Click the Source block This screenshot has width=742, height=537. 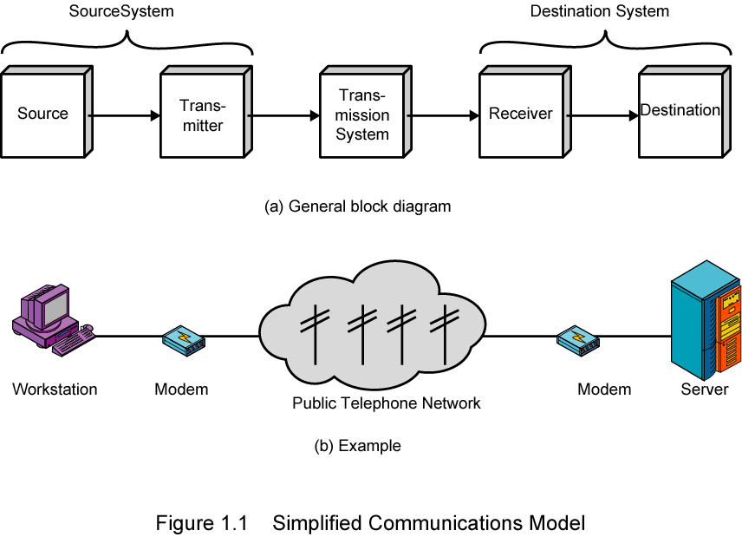point(42,114)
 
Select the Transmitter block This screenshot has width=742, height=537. point(202,115)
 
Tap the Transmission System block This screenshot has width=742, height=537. point(362,115)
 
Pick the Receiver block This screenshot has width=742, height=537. point(521,114)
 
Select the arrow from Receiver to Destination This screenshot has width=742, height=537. point(603,115)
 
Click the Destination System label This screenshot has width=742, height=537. point(600,11)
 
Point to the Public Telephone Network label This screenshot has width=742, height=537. point(386,403)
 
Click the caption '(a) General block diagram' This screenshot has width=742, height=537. point(357,206)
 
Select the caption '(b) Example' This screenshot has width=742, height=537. point(357,446)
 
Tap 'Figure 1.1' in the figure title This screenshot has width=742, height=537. point(202,523)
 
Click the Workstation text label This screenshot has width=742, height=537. point(55,389)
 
